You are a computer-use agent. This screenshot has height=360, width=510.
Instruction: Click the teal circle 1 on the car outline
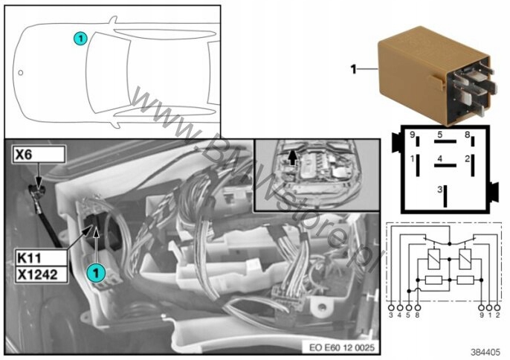click(80, 36)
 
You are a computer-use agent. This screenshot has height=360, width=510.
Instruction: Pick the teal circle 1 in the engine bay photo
click(94, 273)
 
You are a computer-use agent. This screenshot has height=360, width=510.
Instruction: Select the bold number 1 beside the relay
click(355, 70)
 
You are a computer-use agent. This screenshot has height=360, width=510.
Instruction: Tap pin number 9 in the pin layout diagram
click(412, 135)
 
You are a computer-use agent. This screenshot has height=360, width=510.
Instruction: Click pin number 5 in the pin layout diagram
click(440, 135)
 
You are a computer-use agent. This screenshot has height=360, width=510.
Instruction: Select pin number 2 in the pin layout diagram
click(468, 158)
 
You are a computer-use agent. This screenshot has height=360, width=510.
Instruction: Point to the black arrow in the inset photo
click(291, 157)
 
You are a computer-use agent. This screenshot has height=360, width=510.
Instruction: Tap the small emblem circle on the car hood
click(21, 73)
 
